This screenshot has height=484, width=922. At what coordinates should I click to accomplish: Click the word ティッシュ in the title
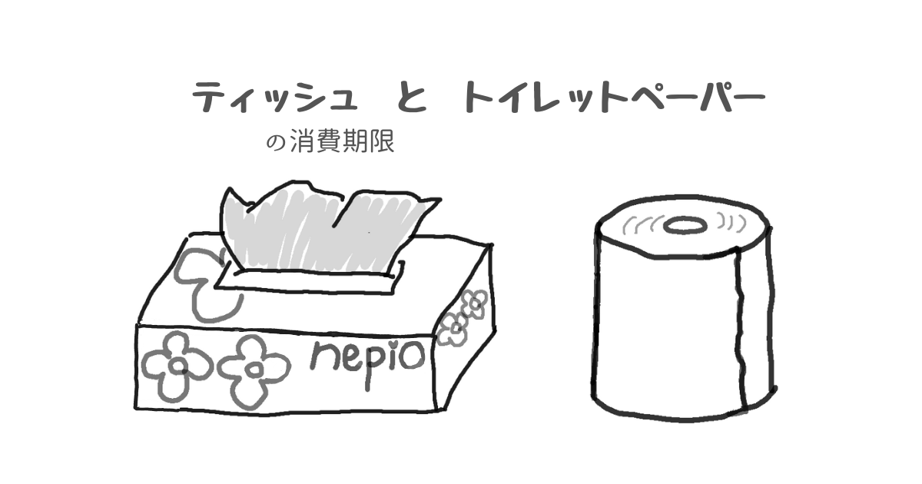pyautogui.click(x=275, y=97)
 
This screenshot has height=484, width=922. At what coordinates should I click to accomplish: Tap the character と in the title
pyautogui.click(x=412, y=97)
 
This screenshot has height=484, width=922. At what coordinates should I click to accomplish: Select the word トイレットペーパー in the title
pyautogui.click(x=614, y=97)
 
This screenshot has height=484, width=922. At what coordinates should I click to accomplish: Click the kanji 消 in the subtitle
pyautogui.click(x=303, y=141)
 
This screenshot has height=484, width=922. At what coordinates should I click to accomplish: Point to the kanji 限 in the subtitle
pyautogui.click(x=382, y=141)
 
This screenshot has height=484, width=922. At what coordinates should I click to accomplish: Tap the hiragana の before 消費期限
pyautogui.click(x=276, y=143)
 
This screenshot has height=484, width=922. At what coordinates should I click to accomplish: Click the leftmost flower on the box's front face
pyautogui.click(x=177, y=366)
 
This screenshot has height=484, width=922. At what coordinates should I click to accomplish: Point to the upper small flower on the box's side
pyautogui.click(x=475, y=303)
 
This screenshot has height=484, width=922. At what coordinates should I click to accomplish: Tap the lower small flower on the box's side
pyautogui.click(x=454, y=329)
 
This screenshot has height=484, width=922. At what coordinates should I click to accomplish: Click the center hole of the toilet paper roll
pyautogui.click(x=685, y=226)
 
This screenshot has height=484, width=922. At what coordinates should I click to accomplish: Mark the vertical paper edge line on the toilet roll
pyautogui.click(x=740, y=330)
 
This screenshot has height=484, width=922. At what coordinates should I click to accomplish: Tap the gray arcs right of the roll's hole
pyautogui.click(x=731, y=222)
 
